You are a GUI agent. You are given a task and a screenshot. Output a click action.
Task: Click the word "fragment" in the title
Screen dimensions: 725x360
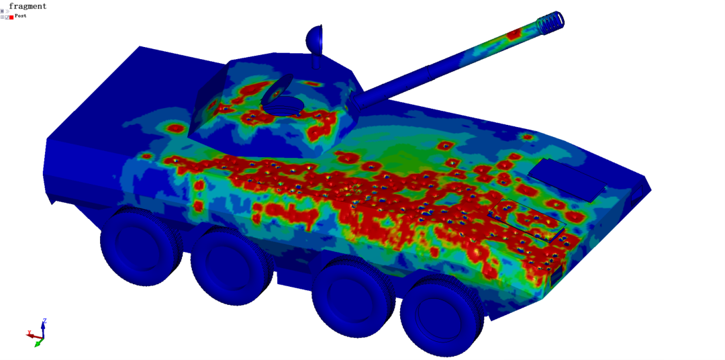coord(28,6)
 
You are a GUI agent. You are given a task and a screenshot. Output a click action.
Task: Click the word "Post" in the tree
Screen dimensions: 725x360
coord(20,15)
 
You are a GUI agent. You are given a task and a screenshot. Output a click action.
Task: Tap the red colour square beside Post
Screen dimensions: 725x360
coord(11,17)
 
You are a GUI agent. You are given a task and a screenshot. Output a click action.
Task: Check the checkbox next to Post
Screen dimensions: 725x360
coord(7,17)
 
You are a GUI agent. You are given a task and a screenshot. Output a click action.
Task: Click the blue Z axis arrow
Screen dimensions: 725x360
coord(43,326)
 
